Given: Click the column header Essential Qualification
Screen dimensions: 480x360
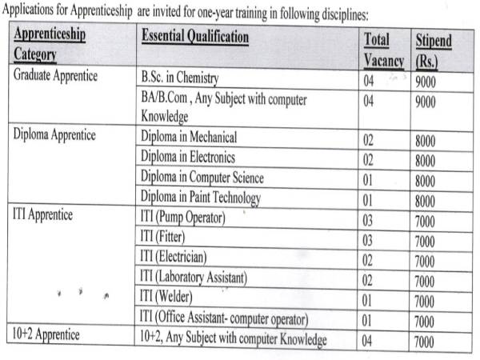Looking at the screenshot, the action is [x=194, y=38].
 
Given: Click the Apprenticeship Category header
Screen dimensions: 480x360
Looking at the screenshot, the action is [x=50, y=46].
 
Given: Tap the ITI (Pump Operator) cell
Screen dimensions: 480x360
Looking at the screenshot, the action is [x=183, y=217].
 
